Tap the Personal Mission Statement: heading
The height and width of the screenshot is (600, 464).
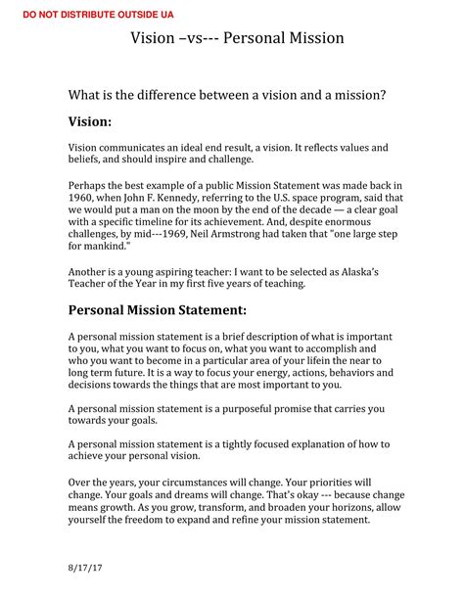pos(157,310)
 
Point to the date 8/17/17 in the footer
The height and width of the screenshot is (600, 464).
pos(85,568)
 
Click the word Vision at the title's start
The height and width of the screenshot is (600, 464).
pos(155,38)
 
